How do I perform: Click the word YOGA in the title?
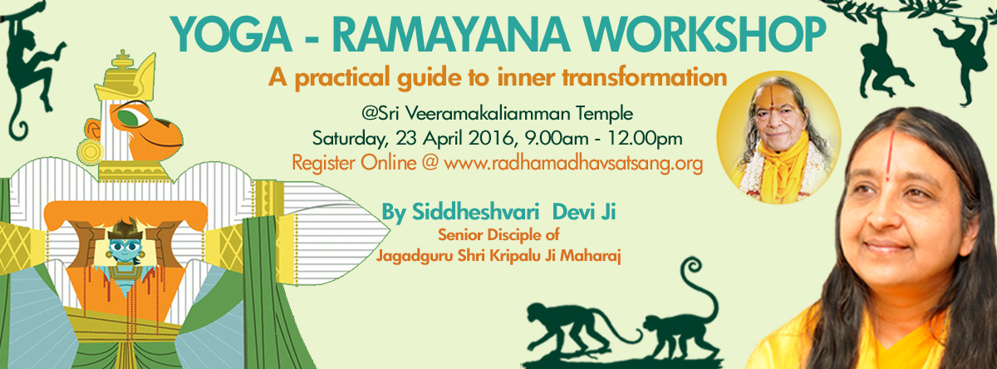point(232,35)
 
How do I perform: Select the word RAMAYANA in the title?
point(451,35)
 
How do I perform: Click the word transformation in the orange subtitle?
point(645,77)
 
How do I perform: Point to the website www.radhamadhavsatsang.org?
point(573,164)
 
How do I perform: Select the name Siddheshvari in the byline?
point(475,212)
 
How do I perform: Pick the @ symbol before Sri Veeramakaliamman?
point(370,114)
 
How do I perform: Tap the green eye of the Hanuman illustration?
point(128,117)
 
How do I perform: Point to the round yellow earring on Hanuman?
point(90,152)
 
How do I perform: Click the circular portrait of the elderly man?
point(778,137)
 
